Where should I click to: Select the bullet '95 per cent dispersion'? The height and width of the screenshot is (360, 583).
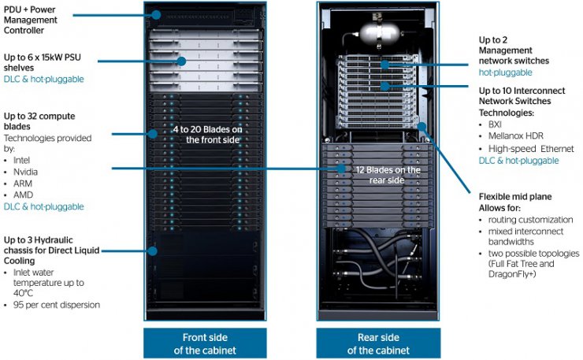59,305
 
